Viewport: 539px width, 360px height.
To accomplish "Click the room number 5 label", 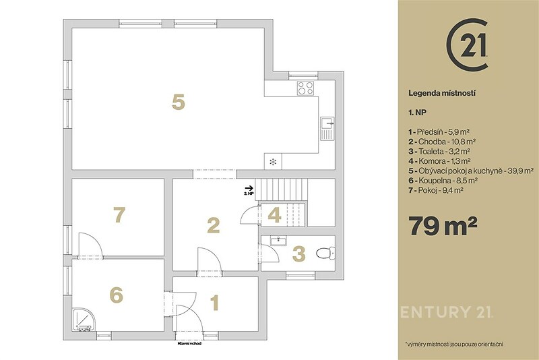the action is (179, 102).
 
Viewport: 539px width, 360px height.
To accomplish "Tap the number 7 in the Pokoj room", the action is (119, 214).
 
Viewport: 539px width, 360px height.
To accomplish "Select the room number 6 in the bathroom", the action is (116, 295).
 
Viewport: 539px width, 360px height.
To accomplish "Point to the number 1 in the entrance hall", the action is (214, 303).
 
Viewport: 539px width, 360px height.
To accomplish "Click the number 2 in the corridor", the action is (213, 226).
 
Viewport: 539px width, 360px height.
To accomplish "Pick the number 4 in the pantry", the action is (274, 215).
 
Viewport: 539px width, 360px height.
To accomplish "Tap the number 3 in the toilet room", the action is (298, 253).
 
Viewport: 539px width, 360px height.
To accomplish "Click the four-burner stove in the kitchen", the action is (306, 88).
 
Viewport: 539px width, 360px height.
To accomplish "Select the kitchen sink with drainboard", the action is (327, 128).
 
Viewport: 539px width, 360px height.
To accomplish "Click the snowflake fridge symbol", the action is (273, 162).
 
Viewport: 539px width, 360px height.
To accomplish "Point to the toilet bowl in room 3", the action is (325, 253).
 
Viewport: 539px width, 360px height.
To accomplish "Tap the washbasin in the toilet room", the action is (278, 241).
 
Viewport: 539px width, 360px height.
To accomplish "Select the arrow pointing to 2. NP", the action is (249, 188).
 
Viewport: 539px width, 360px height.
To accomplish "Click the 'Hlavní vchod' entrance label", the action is (189, 343).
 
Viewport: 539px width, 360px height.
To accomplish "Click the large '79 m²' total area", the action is (443, 226).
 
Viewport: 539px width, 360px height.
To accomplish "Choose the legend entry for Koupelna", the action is (443, 180).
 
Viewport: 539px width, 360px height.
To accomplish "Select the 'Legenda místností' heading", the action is (442, 93).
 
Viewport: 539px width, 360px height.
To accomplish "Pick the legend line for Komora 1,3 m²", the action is (439, 160).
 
